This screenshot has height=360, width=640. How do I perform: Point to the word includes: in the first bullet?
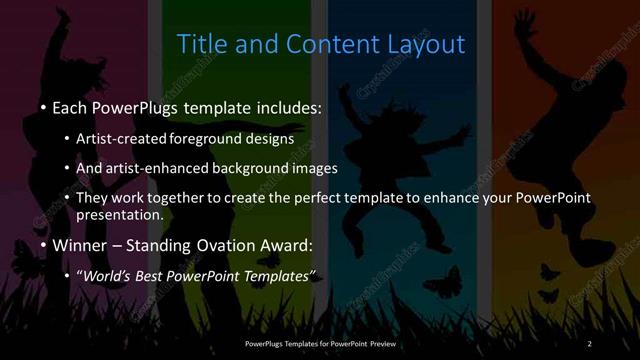284,106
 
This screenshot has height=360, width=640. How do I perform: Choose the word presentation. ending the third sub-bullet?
120,214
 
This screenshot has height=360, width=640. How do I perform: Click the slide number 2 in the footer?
589,345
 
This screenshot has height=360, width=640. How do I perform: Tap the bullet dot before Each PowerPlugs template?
44,106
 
